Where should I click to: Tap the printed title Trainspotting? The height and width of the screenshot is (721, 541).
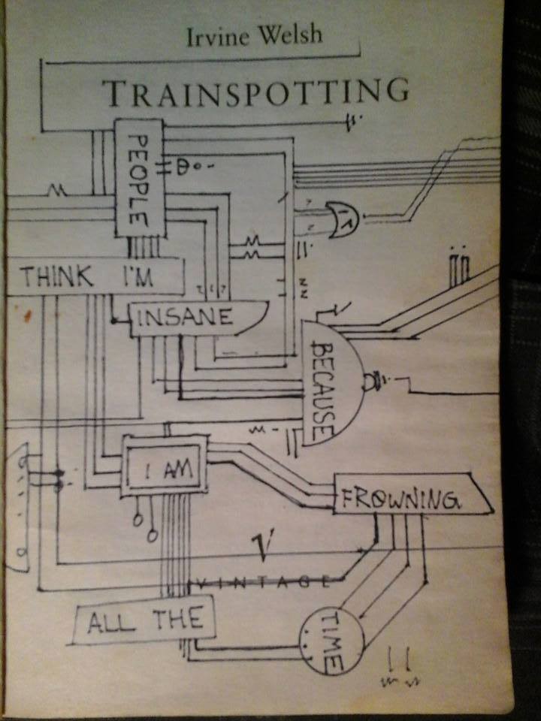[x=255, y=93]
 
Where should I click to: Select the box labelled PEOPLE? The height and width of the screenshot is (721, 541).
[x=138, y=179]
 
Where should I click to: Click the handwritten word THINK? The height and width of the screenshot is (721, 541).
[x=57, y=277]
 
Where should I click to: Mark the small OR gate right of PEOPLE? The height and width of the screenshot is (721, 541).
[x=341, y=219]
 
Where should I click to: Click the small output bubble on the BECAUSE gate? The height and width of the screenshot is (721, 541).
[x=370, y=383]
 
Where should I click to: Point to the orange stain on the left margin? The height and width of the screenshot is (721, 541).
[x=28, y=315]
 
